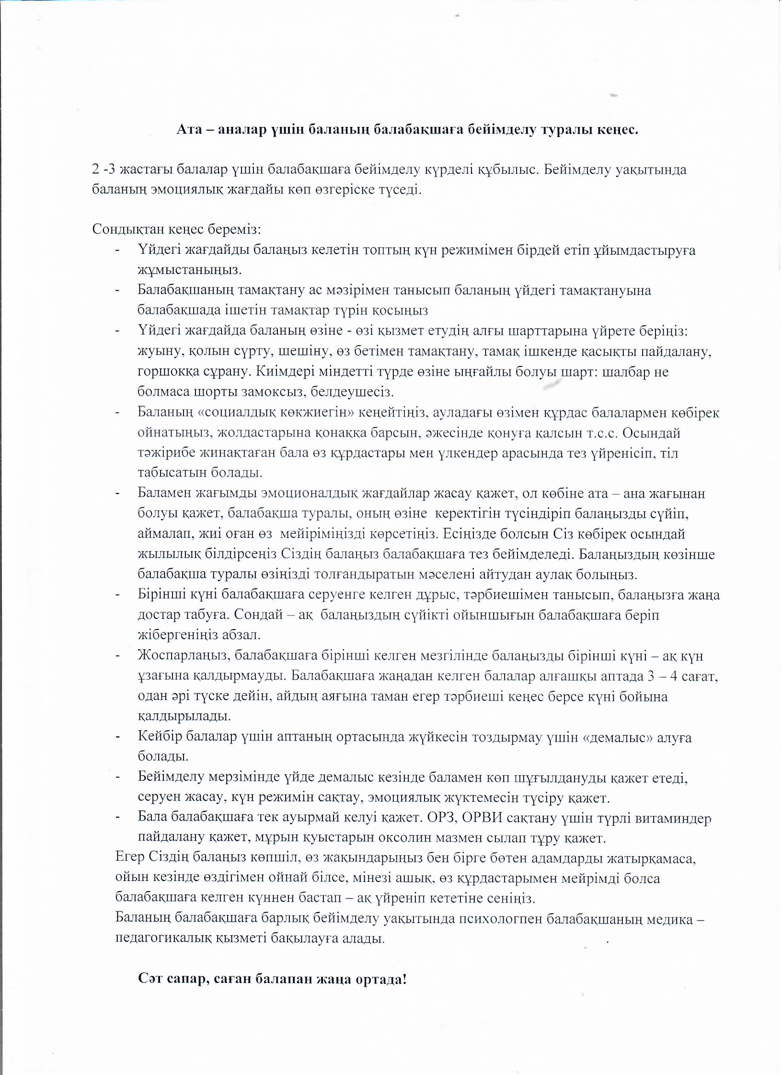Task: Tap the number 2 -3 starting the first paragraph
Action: (105, 170)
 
